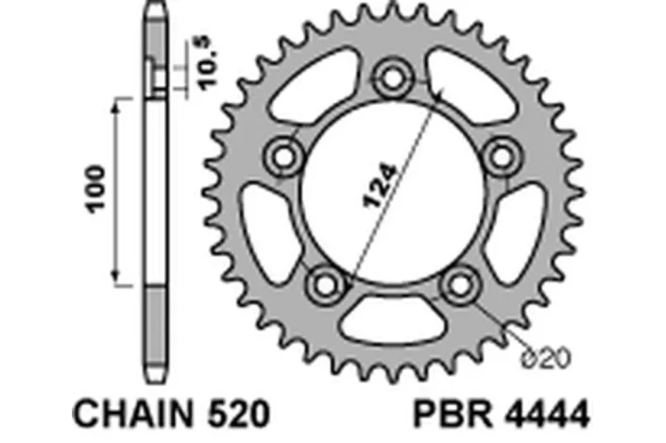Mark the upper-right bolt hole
(499, 154)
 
